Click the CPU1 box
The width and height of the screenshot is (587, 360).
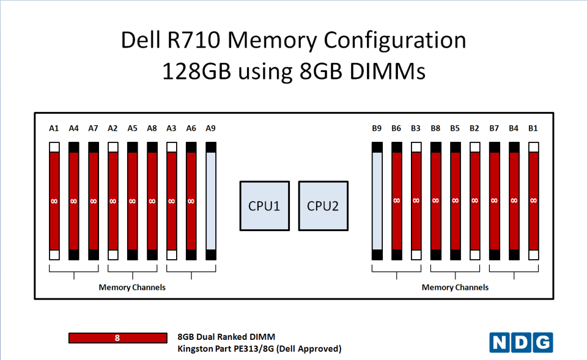pos(264,206)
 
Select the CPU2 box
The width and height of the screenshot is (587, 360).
pos(323,206)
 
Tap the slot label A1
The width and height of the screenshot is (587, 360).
pos(54,128)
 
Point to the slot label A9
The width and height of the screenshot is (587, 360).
pos(211,128)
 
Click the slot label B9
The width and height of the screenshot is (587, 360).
pos(377,128)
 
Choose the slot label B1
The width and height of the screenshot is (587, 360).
pos(533,128)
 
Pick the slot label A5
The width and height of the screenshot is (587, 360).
pos(132,128)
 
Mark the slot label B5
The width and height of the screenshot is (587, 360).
pos(455,128)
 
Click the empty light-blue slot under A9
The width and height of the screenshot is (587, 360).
pos(211,201)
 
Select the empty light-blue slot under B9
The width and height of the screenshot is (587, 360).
pos(377,201)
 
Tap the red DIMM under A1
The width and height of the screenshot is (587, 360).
pos(54,201)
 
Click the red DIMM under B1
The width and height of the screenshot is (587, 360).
pos(533,201)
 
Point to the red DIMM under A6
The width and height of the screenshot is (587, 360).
pos(191,201)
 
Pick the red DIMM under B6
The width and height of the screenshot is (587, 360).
pos(397,201)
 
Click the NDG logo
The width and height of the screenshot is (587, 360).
pos(521,342)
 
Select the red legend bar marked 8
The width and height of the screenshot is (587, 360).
pos(118,338)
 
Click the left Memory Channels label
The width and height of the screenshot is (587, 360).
pos(132,287)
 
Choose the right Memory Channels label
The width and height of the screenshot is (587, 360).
pos(455,287)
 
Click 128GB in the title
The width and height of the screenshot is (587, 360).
pos(196,71)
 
